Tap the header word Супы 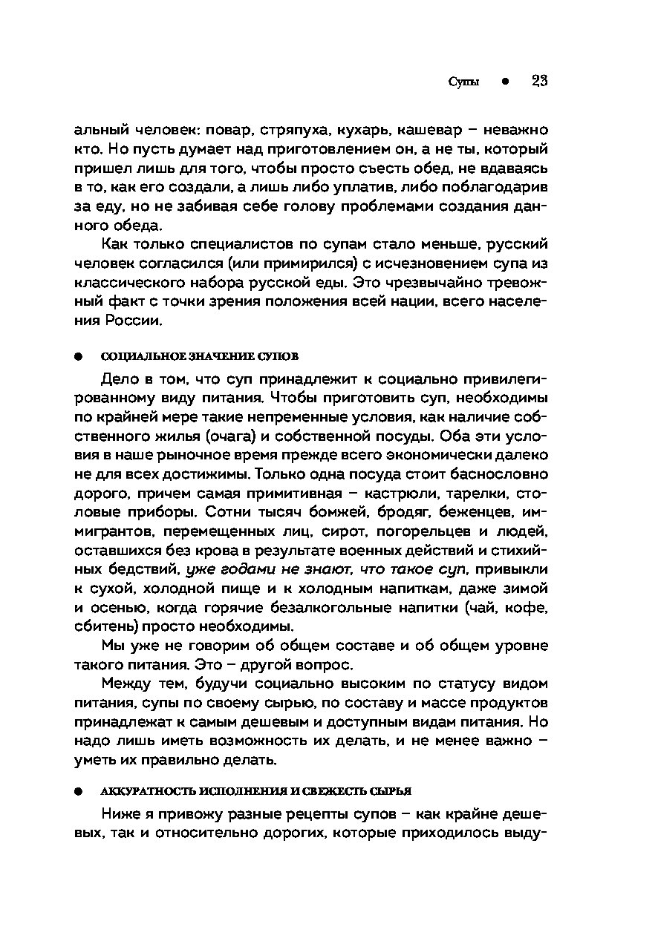pos(464,82)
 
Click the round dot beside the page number pos(504,82)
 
